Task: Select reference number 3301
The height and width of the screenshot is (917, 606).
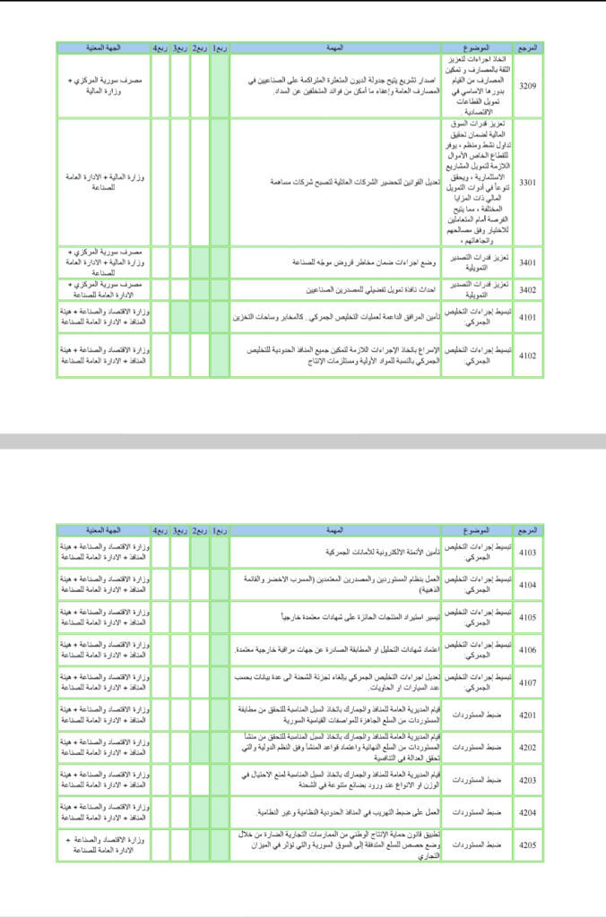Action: click(529, 182)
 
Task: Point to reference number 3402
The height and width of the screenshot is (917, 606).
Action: click(529, 290)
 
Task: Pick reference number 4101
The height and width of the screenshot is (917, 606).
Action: click(529, 317)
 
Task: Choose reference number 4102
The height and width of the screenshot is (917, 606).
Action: click(529, 356)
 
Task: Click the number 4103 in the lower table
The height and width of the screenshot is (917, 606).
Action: click(529, 553)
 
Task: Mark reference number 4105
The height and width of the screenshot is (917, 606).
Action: click(529, 617)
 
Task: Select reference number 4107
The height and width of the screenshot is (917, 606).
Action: click(529, 682)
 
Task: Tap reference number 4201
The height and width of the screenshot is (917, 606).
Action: click(529, 715)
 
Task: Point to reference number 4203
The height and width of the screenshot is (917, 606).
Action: click(529, 780)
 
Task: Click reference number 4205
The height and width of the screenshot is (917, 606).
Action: click(529, 844)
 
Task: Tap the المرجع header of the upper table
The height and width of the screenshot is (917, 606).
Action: click(529, 47)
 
